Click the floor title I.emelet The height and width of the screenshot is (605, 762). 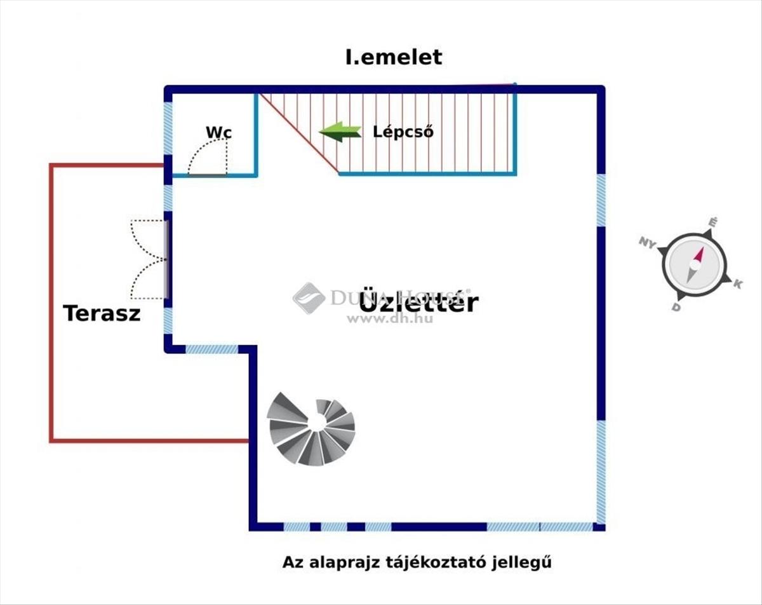393,57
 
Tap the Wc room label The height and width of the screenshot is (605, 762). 218,132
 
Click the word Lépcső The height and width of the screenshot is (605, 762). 403,132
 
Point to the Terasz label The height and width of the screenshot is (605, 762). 102,313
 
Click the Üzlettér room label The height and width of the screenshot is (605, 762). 418,302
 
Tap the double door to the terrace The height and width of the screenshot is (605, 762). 149,259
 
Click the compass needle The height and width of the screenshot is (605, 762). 695,266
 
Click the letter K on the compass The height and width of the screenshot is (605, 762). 737,283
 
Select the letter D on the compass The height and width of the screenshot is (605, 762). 676,308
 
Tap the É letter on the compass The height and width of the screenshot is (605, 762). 713,222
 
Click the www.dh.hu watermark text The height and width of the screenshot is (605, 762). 390,318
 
